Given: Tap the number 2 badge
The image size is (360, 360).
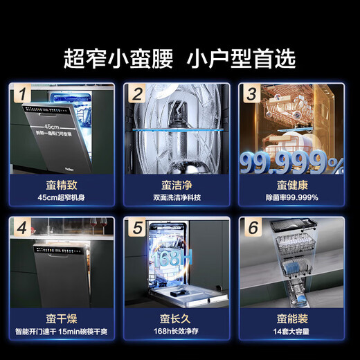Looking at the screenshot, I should pyautogui.click(x=137, y=93).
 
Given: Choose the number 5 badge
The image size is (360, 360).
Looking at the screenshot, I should pyautogui.click(x=137, y=226).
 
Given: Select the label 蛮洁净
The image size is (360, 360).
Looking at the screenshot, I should pyautogui.click(x=179, y=185).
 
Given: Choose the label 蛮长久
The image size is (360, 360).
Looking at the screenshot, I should pyautogui.click(x=179, y=318).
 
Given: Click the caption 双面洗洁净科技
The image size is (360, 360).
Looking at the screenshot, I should pyautogui.click(x=179, y=199).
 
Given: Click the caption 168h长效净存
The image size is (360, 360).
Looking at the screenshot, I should pyautogui.click(x=179, y=332).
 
